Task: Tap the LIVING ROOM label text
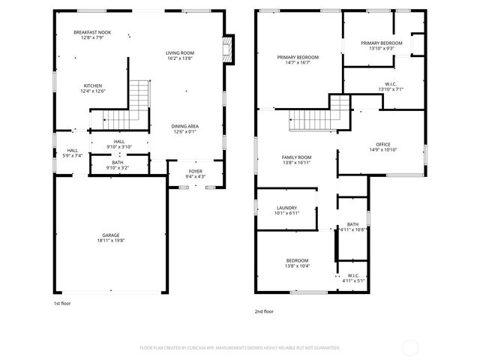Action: (180, 52)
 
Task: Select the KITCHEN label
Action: (93, 85)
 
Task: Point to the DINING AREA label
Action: (184, 126)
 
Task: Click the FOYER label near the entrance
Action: (195, 172)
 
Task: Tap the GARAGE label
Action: (111, 235)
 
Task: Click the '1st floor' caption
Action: (62, 304)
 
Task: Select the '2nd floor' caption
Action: (264, 310)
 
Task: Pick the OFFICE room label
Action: (382, 145)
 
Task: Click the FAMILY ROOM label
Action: (296, 157)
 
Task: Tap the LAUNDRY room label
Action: (286, 208)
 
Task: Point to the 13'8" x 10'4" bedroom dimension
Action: (297, 266)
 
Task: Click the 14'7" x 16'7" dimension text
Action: (298, 63)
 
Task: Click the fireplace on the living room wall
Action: (229, 49)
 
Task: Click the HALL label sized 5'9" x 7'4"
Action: (72, 151)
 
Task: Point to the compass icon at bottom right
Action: (411, 346)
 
